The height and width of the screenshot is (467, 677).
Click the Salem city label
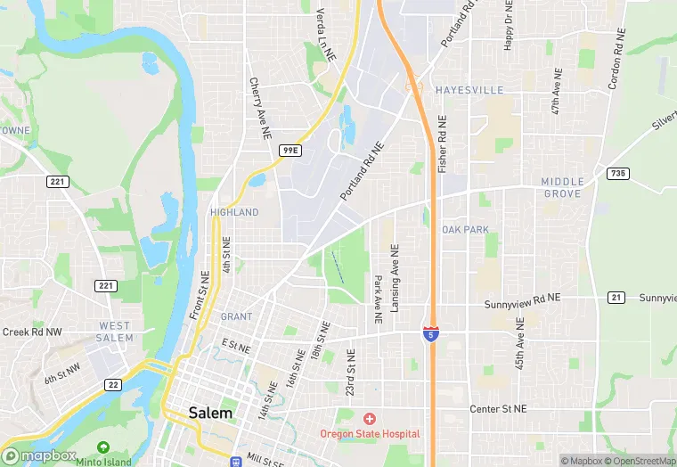(210, 413)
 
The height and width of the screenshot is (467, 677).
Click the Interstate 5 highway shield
(430, 332)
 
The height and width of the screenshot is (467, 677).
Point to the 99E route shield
(290, 151)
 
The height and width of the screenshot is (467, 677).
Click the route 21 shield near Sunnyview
(616, 297)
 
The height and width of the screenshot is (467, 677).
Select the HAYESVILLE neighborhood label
(469, 90)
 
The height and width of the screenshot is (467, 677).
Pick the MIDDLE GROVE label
(562, 187)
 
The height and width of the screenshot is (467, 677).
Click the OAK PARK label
(465, 229)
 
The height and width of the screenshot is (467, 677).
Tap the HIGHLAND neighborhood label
(234, 212)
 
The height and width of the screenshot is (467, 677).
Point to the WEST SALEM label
(116, 332)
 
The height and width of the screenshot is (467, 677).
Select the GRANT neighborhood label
(236, 316)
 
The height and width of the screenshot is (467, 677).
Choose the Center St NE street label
(498, 409)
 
